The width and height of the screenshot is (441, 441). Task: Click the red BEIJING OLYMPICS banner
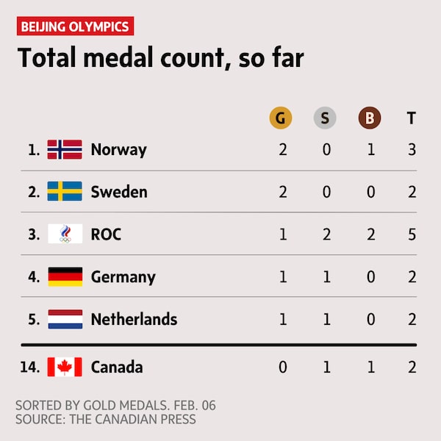75,27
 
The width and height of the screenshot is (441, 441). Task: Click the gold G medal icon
280,118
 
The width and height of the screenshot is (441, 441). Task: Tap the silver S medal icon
325,118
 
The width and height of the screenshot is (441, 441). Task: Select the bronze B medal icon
369,118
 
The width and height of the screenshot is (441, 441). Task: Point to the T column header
412,118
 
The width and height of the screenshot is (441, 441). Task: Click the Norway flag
65,150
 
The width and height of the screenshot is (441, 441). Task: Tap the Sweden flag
65,192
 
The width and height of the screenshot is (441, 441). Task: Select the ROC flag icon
65,234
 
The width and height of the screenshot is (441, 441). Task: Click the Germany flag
65,277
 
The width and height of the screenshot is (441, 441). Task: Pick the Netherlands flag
65,319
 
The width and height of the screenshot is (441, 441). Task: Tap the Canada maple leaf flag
65,367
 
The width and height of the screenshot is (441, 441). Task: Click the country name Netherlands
134,319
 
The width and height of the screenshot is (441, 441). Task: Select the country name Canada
117,367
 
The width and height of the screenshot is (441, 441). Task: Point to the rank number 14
30,367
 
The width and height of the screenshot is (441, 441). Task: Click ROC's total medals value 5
412,234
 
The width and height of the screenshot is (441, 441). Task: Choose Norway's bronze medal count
371,150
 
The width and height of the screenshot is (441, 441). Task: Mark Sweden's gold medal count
283,192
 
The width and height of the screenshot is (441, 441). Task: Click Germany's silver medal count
327,277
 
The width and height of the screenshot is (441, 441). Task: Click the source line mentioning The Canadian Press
106,420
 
